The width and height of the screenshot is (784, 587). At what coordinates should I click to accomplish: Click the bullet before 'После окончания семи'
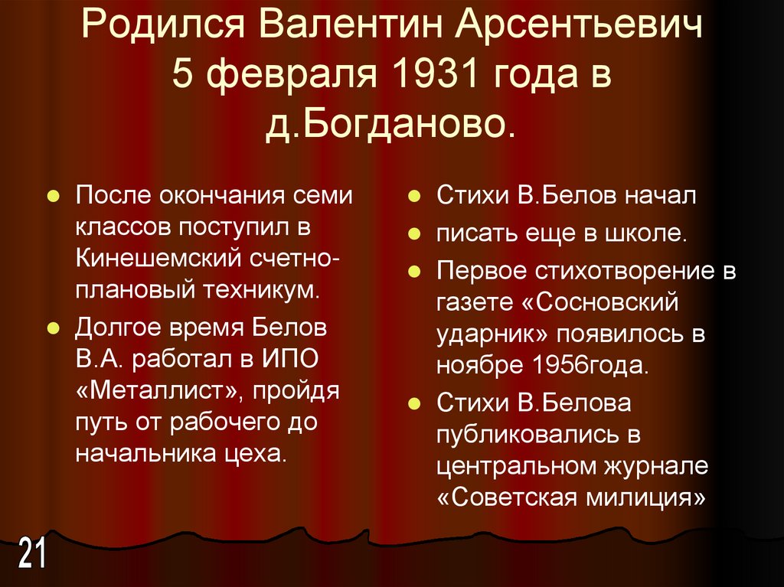(54, 197)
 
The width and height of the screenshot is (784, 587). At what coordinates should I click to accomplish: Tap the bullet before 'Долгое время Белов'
(54, 328)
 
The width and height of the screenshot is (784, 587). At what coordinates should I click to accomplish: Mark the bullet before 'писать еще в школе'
(413, 230)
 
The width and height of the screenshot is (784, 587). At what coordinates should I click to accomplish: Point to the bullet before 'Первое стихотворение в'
(413, 272)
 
